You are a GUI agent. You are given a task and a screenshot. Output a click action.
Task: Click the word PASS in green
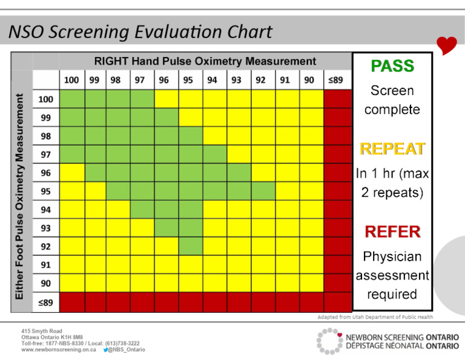392,66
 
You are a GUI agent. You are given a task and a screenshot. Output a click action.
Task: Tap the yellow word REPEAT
392,148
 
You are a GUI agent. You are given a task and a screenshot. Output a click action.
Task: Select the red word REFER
392,232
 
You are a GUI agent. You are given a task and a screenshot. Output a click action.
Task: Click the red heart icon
447,45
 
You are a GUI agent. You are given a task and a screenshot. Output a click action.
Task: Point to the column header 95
188,79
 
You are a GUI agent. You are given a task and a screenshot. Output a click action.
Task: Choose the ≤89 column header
335,79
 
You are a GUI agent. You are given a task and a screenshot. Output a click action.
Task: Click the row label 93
46,228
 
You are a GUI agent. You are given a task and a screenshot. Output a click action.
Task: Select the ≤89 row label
46,301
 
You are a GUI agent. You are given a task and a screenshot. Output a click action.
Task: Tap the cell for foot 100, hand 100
72,99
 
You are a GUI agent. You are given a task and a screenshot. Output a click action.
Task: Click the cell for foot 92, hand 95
191,246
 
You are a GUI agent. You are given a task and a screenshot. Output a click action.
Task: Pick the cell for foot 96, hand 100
72,173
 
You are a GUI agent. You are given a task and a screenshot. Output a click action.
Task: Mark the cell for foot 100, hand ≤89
337,99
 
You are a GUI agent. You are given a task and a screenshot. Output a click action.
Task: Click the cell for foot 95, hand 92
263,191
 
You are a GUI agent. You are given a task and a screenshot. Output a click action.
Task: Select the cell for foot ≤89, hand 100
72,301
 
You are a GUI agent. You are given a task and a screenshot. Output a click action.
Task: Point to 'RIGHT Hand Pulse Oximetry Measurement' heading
205,61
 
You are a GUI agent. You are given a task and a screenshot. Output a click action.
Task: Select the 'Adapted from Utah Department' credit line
375,317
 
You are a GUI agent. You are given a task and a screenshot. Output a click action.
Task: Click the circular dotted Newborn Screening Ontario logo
329,341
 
